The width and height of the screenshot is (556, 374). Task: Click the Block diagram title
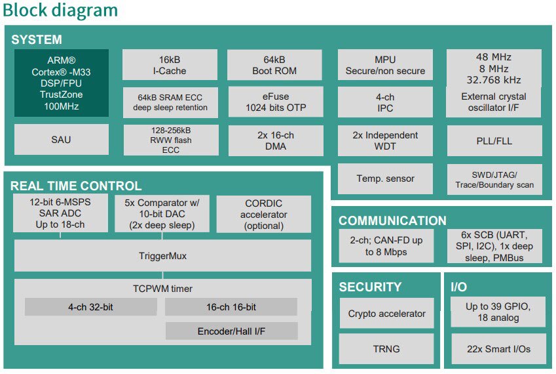(x=60, y=10)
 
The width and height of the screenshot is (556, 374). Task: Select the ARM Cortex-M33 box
(x=62, y=83)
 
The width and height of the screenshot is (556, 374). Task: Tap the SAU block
(x=62, y=140)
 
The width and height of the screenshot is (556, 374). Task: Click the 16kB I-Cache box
(x=170, y=65)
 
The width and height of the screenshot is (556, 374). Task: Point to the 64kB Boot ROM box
(x=274, y=65)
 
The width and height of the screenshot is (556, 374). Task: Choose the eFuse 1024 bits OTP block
(x=276, y=102)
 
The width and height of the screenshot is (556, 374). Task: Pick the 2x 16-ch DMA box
(x=276, y=140)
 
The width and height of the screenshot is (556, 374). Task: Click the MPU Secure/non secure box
(x=385, y=65)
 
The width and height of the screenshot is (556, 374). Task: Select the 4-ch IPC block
(x=385, y=102)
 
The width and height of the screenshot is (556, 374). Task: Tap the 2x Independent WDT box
(x=385, y=140)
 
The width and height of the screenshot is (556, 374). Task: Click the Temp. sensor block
(x=385, y=178)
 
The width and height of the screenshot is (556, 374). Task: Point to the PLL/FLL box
(x=494, y=140)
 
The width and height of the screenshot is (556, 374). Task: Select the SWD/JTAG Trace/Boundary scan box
(x=494, y=179)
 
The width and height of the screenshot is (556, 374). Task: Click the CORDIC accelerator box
(x=264, y=214)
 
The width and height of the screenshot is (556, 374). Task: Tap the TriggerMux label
(x=163, y=256)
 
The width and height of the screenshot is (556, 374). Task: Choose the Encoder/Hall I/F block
(x=232, y=331)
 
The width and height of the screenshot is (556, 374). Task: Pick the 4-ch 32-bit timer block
(x=91, y=307)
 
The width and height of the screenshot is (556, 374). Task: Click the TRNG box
(x=386, y=349)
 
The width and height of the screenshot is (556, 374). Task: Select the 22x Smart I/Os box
(x=498, y=349)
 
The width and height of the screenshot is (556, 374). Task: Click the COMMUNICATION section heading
(x=392, y=220)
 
